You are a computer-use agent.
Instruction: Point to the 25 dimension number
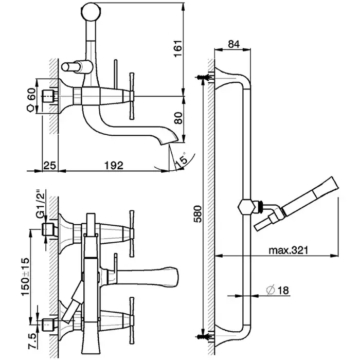[49, 165]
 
